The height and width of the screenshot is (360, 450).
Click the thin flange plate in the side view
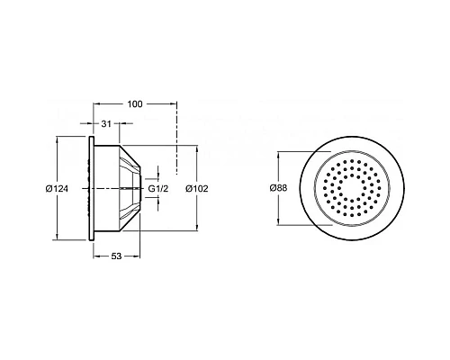click(90, 189)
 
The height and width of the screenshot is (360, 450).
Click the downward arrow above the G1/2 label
click(158, 175)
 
